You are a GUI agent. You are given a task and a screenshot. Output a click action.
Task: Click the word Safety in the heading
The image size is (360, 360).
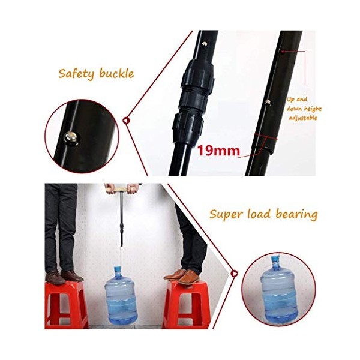[76, 74]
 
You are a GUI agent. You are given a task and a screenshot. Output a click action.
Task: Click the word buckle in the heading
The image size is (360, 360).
[116, 73]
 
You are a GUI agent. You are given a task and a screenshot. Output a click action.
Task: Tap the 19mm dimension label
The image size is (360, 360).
[218, 151]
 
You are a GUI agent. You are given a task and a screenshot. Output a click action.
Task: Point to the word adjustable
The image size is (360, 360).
[303, 118]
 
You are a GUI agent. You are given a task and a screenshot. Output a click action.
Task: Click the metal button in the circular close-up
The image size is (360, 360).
[71, 139]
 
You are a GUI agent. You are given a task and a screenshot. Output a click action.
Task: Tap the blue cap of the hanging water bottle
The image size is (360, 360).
[118, 269]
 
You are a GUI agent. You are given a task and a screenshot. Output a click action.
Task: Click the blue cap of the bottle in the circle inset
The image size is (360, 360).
[275, 259]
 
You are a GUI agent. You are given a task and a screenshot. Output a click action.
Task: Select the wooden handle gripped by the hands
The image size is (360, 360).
[120, 190]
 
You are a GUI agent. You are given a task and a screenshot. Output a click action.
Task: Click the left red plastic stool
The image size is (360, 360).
[67, 305]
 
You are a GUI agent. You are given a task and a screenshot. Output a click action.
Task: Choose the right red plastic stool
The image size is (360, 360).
[186, 304]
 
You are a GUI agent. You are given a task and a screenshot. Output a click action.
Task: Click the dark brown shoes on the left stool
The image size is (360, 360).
[64, 277]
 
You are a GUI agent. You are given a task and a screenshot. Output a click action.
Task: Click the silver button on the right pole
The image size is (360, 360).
[268, 103]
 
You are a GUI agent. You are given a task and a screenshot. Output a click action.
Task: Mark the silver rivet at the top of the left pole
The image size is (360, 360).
[204, 43]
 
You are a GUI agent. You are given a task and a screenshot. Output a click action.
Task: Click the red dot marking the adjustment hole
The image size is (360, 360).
[283, 51]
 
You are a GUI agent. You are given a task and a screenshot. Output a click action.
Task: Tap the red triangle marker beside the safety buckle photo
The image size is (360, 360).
[126, 120]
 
